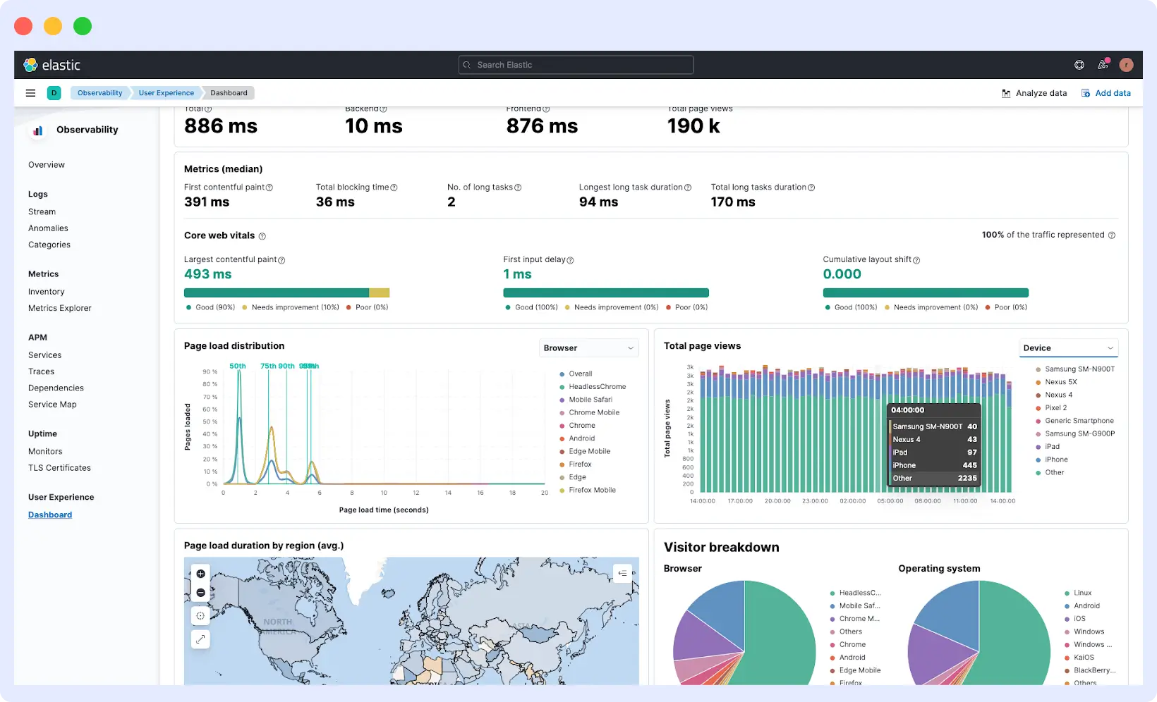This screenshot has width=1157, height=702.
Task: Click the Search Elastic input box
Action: [575, 65]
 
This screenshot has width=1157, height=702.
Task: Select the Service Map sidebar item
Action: [52, 405]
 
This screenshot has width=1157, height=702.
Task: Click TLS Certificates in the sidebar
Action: [59, 468]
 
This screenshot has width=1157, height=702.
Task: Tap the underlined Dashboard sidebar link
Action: [50, 515]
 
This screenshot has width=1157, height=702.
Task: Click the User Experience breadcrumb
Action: [166, 93]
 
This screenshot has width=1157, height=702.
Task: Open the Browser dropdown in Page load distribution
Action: [588, 348]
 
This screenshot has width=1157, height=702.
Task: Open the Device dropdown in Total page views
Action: [1068, 348]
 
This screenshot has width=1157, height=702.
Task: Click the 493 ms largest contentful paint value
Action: [208, 274]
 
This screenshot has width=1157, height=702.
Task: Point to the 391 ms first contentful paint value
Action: [207, 202]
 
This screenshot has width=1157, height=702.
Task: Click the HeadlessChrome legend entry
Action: [597, 387]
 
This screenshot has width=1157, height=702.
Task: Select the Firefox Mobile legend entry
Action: [592, 491]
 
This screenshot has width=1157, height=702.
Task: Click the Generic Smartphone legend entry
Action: [1079, 421]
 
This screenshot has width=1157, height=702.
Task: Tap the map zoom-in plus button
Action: [201, 574]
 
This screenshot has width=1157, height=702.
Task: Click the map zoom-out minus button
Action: [201, 593]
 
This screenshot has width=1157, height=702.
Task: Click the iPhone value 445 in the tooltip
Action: [969, 465]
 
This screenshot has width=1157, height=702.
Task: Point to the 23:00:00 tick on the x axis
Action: [815, 501]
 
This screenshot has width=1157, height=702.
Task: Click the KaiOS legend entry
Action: [1084, 658]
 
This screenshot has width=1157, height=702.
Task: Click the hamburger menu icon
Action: [30, 93]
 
